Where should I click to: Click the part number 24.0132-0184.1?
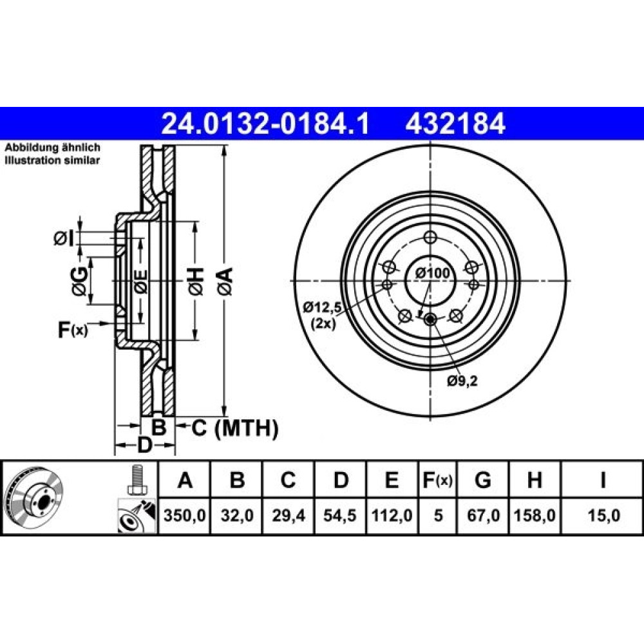click(266, 124)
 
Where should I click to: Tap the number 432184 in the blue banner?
click(455, 124)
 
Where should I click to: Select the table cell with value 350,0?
click(184, 515)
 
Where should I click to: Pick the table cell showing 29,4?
click(289, 515)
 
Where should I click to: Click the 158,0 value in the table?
click(535, 515)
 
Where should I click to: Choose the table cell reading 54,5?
click(340, 515)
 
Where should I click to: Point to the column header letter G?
click(483, 479)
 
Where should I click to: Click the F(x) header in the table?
click(438, 479)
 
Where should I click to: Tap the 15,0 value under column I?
click(603, 515)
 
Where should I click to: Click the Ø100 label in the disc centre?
click(433, 272)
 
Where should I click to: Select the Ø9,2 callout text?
click(462, 381)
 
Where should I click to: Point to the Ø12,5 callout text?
click(323, 306)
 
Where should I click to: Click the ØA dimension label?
click(225, 281)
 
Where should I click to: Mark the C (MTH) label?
click(235, 428)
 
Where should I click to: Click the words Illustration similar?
click(52, 160)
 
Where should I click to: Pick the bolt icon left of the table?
click(137, 479)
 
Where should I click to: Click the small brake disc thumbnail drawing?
click(35, 497)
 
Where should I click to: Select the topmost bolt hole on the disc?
click(430, 237)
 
